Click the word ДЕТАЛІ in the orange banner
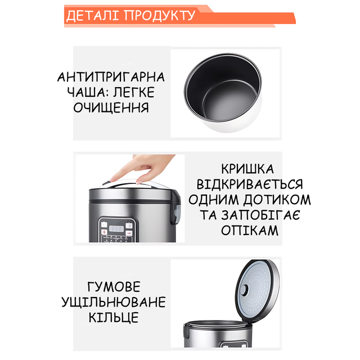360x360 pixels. [x=92, y=16]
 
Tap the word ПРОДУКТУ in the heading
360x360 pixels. [x=159, y=16]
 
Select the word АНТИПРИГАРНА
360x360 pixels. [x=111, y=77]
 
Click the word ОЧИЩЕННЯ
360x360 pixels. [x=111, y=107]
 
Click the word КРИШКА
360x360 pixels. [x=247, y=169]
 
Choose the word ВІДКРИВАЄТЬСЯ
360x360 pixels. [x=250, y=184]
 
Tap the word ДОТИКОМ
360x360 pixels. [x=277, y=199]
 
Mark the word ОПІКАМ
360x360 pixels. [x=250, y=230]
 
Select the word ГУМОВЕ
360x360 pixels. [x=114, y=286]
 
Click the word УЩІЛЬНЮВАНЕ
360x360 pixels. [x=114, y=301]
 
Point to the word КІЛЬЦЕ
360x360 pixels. [x=114, y=317]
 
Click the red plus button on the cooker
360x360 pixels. [x=104, y=232]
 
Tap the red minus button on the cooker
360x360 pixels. [x=129, y=233]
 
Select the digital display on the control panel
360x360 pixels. [x=116, y=229]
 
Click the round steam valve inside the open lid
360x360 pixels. [x=244, y=290]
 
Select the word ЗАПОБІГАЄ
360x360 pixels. [x=260, y=215]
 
